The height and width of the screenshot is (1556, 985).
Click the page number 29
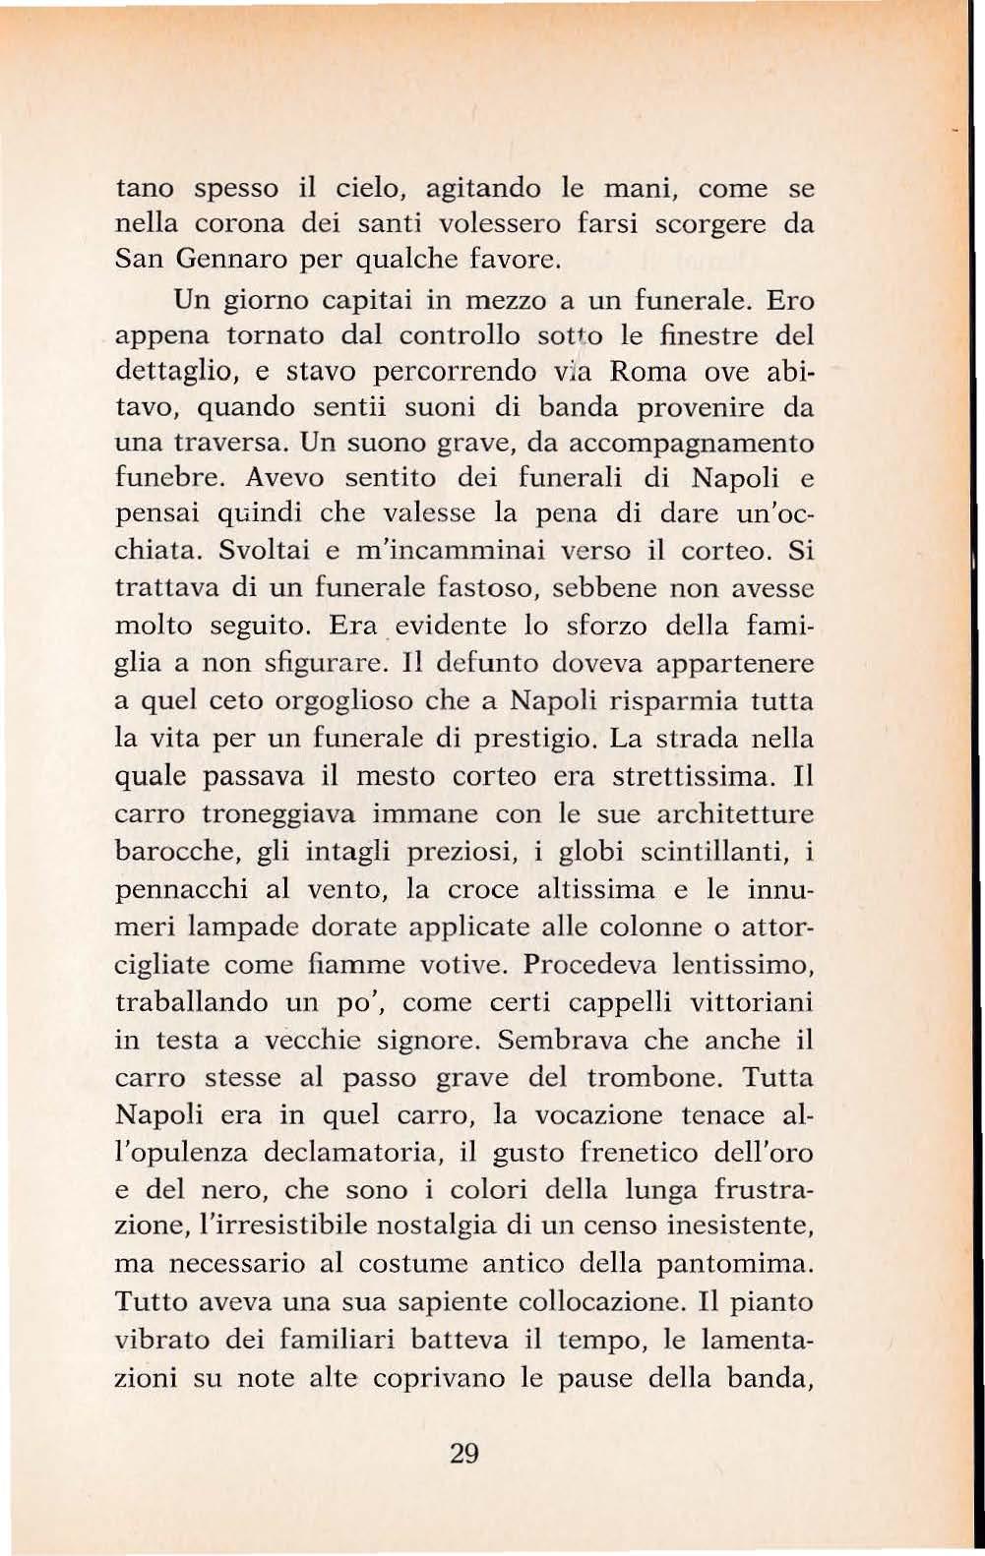[x=462, y=1453]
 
